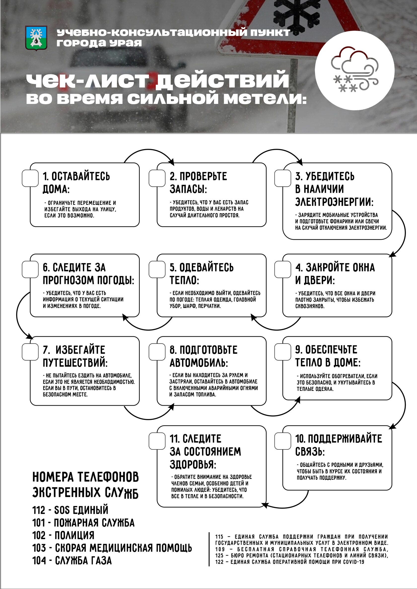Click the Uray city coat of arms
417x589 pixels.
[x=36, y=38]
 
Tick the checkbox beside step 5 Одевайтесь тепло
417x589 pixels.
[x=157, y=269]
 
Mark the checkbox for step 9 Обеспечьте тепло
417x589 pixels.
[x=282, y=352]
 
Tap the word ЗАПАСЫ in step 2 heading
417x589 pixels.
[x=188, y=189]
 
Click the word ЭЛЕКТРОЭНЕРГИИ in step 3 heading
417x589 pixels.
[x=334, y=202]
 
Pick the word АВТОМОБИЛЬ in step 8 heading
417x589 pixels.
[x=199, y=363]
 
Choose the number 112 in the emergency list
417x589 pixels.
[x=39, y=510]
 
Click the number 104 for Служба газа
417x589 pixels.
[x=39, y=560]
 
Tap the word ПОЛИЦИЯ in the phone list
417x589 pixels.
[x=74, y=535]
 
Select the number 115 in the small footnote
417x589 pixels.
[x=219, y=537]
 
